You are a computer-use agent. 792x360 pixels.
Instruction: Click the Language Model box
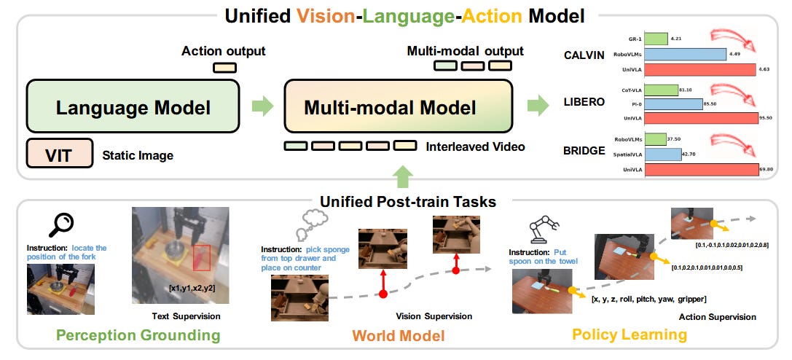(133, 108)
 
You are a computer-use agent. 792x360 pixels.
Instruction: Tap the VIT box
(59, 154)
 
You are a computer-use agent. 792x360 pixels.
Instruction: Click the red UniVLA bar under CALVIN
(700, 70)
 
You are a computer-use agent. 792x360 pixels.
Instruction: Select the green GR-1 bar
(656, 38)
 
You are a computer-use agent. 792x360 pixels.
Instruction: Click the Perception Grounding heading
(138, 335)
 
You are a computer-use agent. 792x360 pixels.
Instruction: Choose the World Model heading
(398, 335)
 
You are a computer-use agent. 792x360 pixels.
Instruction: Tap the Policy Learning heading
(630, 335)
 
